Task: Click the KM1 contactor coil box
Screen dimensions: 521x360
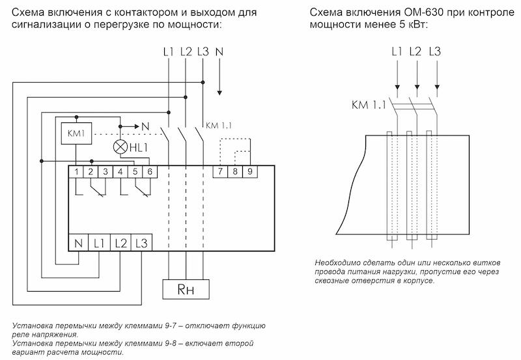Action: tap(76, 133)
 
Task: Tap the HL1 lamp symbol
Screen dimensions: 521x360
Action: tap(120, 147)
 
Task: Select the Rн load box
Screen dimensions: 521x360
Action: tap(186, 289)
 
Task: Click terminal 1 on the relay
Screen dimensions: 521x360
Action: tap(76, 172)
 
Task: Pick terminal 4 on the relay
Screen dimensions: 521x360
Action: tap(120, 172)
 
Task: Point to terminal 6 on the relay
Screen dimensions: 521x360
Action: tap(150, 172)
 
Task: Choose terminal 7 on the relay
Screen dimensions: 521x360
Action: tap(220, 172)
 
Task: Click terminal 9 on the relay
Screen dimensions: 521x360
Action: tap(250, 172)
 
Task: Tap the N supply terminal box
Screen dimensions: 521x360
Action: tap(78, 243)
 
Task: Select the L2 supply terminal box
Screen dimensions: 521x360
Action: tap(121, 243)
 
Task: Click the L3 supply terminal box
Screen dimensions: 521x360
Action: tap(141, 243)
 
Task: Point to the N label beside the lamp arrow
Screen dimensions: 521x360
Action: tap(145, 126)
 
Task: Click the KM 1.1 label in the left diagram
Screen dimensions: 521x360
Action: tap(219, 126)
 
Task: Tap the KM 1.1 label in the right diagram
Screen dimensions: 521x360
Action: tap(369, 105)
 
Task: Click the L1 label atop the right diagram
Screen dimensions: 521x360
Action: tap(397, 51)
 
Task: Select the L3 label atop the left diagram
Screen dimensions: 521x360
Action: tap(203, 52)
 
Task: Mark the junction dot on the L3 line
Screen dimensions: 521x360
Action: tap(203, 82)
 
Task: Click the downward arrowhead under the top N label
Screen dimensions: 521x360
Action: tap(219, 92)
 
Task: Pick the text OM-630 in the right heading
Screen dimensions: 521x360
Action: tap(424, 12)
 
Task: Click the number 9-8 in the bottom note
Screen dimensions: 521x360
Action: tap(170, 343)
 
